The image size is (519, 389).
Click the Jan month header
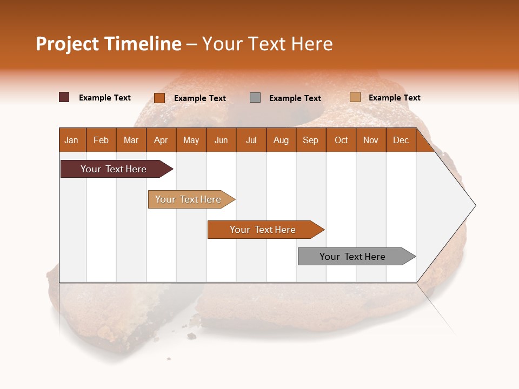[x=72, y=140]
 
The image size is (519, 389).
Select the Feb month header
[x=101, y=140]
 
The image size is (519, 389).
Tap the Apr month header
[x=161, y=140]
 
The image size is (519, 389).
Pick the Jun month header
[x=221, y=140]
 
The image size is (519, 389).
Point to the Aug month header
[x=281, y=140]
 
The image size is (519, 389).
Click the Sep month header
[x=311, y=140]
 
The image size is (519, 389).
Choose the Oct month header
[x=341, y=140]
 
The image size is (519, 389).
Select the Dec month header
[x=401, y=140]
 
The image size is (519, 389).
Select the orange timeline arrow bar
[x=264, y=230]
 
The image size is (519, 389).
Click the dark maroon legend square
[x=64, y=97]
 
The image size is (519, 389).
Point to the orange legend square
[x=159, y=98]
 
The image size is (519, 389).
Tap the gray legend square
[x=255, y=98]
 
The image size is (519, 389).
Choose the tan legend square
[x=355, y=97]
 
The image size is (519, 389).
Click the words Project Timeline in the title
[x=108, y=44]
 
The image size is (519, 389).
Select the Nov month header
[x=371, y=140]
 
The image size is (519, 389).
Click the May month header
[x=191, y=140]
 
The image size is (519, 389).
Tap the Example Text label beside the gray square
[x=295, y=98]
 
